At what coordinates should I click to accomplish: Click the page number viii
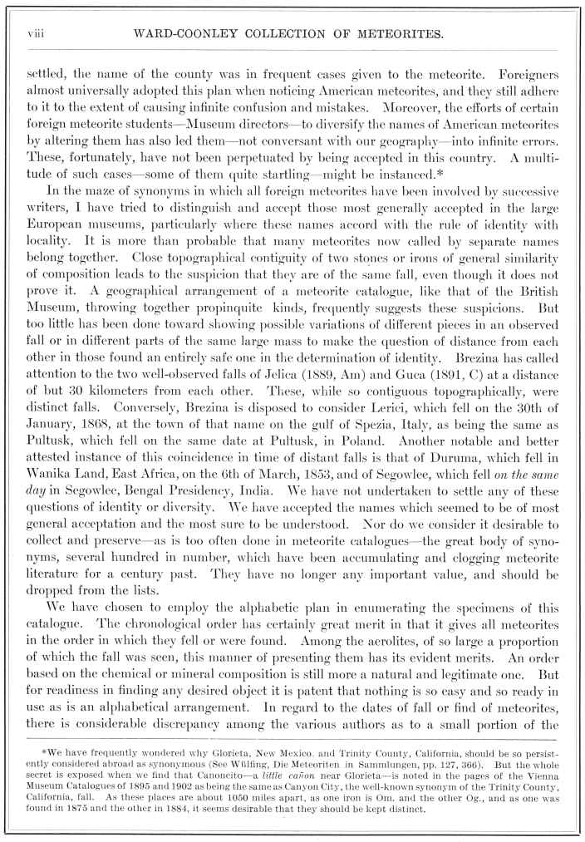tap(34, 34)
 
